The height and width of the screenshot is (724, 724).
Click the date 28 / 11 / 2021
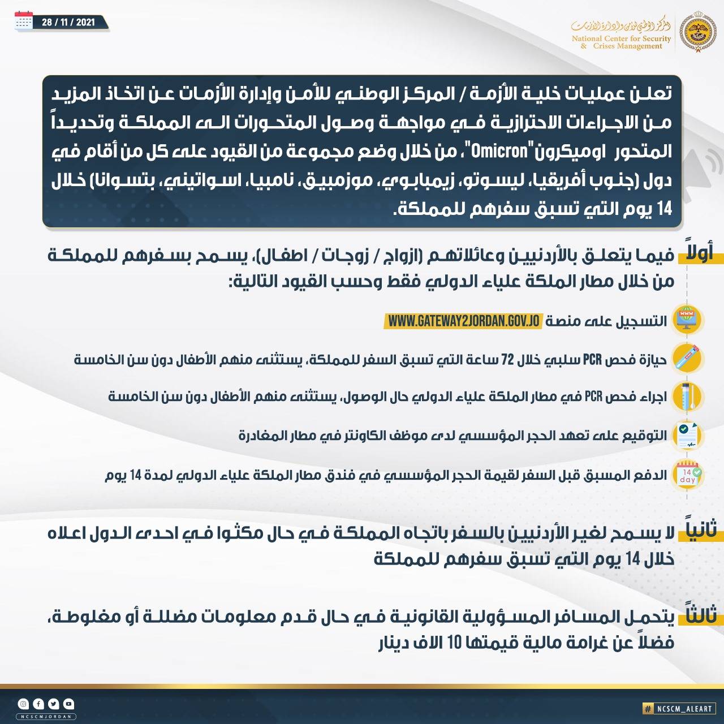point(68,23)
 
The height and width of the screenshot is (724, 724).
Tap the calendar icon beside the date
point(24,21)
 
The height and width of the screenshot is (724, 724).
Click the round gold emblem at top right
point(697,32)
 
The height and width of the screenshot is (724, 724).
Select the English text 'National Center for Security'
point(621,39)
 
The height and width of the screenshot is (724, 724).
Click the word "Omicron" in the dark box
point(499,152)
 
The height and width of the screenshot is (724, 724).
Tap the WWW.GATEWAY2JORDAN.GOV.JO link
point(464,321)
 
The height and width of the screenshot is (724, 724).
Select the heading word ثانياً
point(700,529)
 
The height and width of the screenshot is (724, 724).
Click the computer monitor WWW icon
point(687,320)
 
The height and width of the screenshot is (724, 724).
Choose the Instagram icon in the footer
point(23,704)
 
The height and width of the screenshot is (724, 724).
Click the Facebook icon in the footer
point(38,704)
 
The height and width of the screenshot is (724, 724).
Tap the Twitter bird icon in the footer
point(54,704)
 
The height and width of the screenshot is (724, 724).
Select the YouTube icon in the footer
point(68,704)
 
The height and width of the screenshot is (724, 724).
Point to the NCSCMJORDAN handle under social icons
point(46,717)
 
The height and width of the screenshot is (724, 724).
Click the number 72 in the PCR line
point(507,360)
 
